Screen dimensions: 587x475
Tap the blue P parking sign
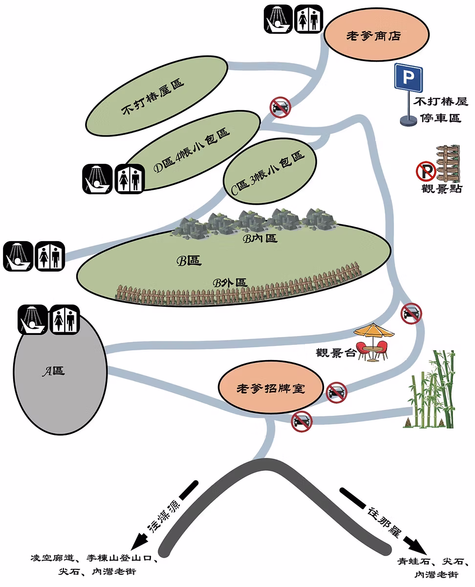408,77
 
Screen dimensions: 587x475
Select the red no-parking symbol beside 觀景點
426,171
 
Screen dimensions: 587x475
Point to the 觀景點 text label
442,189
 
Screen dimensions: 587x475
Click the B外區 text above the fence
229,282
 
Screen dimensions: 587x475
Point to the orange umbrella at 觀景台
374,332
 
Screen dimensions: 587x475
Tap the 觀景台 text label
336,353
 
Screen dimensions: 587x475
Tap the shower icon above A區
32,319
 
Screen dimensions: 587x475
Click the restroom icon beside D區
129,179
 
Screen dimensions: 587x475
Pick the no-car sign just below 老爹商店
280,107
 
